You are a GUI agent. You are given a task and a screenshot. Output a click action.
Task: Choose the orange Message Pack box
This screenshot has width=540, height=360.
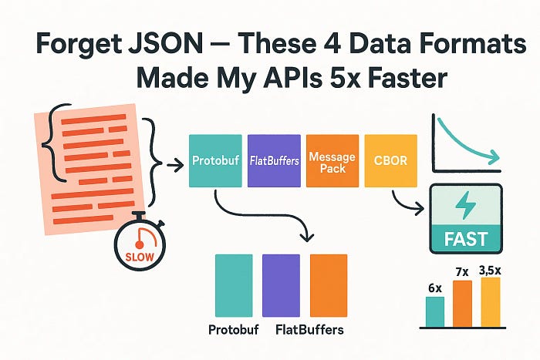tap(332, 161)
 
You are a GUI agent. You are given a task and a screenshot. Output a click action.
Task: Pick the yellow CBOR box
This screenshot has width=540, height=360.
tap(390, 161)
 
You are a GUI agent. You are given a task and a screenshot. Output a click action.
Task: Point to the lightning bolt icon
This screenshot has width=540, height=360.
tap(467, 207)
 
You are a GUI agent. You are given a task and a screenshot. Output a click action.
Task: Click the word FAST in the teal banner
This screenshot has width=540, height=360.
tap(466, 238)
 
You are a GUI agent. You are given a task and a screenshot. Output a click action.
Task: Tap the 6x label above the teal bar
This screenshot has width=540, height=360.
tap(435, 288)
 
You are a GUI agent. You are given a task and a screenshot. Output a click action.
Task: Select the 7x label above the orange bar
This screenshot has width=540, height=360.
tap(463, 272)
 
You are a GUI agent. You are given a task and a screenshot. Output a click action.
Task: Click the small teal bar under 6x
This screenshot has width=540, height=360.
tap(435, 311)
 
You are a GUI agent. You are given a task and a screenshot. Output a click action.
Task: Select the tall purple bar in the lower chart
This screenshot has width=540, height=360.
tap(282, 284)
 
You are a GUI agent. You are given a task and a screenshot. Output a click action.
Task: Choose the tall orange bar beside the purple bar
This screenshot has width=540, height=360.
tap(329, 284)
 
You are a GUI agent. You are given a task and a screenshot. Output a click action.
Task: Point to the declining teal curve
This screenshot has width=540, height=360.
tap(463, 143)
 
